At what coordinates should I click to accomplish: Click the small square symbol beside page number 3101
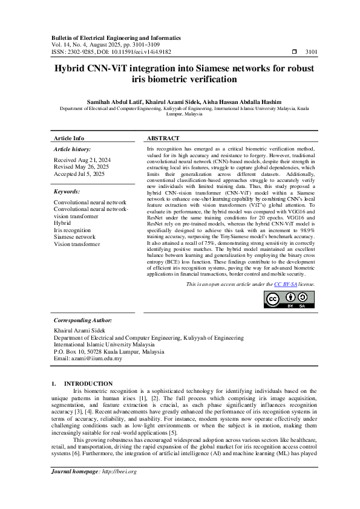point(294,52)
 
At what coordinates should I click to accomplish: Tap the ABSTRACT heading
point(163,138)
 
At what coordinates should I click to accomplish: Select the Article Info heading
point(69,138)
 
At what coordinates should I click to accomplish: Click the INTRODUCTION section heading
point(88,383)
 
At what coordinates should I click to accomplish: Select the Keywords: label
point(68,191)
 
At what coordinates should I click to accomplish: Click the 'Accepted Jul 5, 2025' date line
point(79,173)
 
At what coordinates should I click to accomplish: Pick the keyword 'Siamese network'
point(74,237)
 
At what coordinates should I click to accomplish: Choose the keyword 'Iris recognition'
point(72,230)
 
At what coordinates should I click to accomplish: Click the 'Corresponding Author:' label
point(83,320)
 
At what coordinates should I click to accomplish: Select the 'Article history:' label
point(73,148)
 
